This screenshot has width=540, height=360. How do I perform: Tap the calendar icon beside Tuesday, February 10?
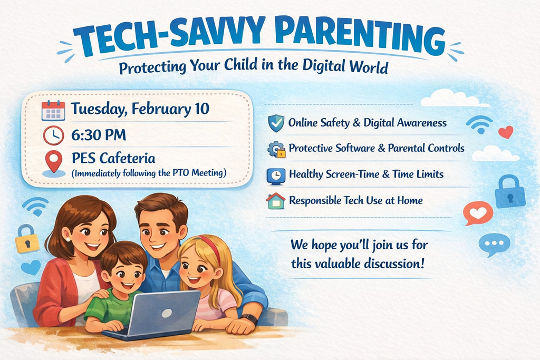53,111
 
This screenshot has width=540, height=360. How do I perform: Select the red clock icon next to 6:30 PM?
53,135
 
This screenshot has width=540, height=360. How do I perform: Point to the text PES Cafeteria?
113,158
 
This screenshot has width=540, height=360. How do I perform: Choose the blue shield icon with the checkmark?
276,123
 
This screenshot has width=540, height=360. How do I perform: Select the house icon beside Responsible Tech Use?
276,201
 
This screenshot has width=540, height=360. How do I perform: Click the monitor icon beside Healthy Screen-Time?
276,175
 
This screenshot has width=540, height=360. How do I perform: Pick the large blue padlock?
510,192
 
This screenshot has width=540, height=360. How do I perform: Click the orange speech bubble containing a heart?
478,213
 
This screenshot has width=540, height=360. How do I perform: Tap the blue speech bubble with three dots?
494,245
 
